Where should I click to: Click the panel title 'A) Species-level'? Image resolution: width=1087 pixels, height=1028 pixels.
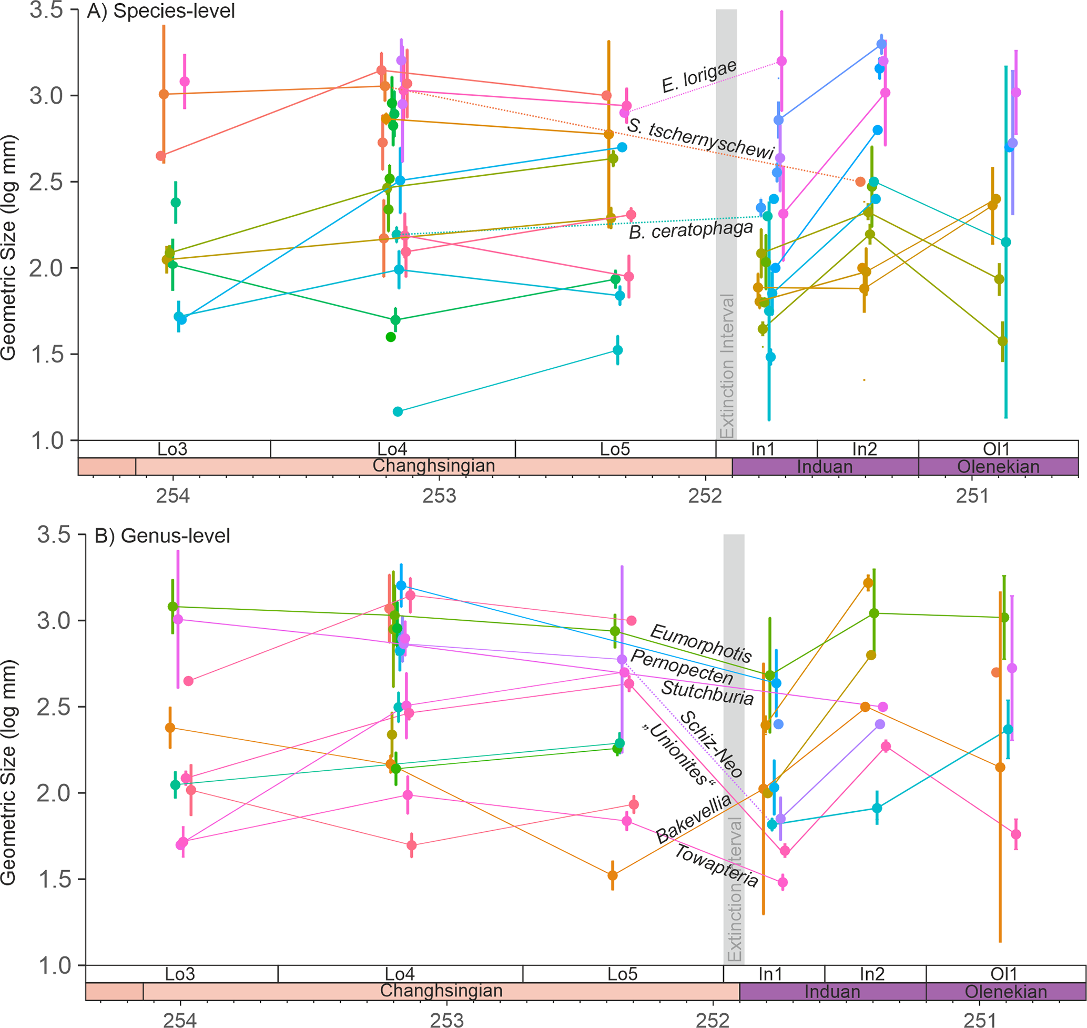pos(160,11)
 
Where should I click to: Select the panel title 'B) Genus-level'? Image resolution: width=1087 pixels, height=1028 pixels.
pos(162,536)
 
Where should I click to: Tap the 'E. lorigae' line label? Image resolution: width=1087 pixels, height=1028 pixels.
pos(699,77)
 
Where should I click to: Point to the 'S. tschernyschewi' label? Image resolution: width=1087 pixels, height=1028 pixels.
pos(700,139)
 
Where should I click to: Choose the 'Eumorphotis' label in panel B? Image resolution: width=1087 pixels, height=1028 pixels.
pos(700,643)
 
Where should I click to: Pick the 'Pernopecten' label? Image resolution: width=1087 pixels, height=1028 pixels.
pos(682,667)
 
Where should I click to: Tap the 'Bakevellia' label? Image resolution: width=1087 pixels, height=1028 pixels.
pos(693,819)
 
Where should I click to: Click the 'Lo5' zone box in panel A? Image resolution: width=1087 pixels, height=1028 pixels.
pos(615,449)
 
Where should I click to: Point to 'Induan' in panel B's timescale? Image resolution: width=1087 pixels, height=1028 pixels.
pos(832,991)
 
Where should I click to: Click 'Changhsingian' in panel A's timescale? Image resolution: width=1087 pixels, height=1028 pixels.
pos(434,466)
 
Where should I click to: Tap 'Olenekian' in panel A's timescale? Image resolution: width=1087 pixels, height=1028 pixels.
pos(998,467)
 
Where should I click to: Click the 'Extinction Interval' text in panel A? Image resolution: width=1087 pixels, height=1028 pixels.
pos(726,366)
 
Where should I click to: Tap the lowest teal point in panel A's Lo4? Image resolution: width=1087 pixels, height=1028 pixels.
pos(398,411)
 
